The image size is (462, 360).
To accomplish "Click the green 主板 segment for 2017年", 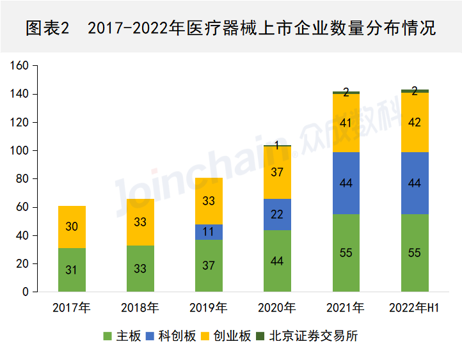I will (72, 269).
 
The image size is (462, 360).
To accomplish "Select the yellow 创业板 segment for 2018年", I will (140, 222).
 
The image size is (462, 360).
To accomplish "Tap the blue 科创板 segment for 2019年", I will (209, 232).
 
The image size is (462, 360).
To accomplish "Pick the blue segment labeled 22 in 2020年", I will (277, 214).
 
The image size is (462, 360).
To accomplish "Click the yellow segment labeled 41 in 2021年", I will (346, 123).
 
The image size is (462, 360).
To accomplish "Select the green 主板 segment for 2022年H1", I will (415, 253).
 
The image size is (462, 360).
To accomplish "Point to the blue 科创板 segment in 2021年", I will (346, 183).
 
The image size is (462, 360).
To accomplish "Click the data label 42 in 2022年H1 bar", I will (415, 122).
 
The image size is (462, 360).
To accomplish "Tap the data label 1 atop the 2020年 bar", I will (277, 145).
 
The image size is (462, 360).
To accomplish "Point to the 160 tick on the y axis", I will (20, 66).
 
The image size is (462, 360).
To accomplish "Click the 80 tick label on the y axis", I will (23, 179).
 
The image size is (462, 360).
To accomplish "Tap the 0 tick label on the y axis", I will (26, 292).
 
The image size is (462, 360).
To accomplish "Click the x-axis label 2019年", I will (209, 308).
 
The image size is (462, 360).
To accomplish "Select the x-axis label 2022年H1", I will (415, 308).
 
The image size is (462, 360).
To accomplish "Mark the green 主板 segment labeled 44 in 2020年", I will (277, 260).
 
